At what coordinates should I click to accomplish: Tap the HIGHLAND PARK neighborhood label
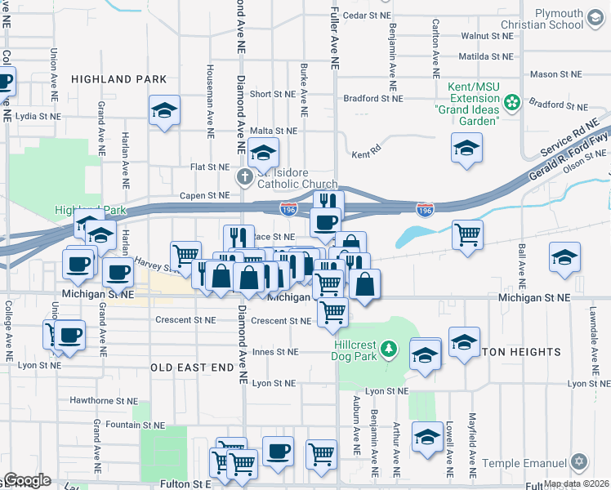point(119,79)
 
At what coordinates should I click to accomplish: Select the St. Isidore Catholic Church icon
point(243,176)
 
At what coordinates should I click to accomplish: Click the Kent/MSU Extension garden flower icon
point(512,103)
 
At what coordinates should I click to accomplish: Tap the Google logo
point(27,480)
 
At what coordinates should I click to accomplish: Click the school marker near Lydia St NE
point(164,109)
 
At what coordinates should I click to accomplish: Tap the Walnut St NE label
point(486,37)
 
